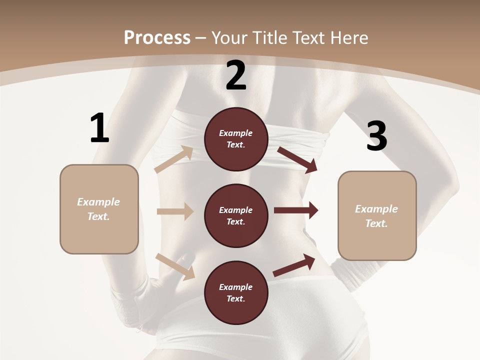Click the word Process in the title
pos(157,37)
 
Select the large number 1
pos(99,128)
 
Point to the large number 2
pos(236,76)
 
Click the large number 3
pos(376,136)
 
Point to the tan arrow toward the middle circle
pos(175,211)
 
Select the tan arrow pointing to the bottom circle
pos(175,266)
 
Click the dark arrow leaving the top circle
pos(297,160)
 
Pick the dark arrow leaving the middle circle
pos(296,210)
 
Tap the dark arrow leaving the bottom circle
pos(294,265)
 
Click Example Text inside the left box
pos(98,209)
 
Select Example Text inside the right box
pos(376,216)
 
